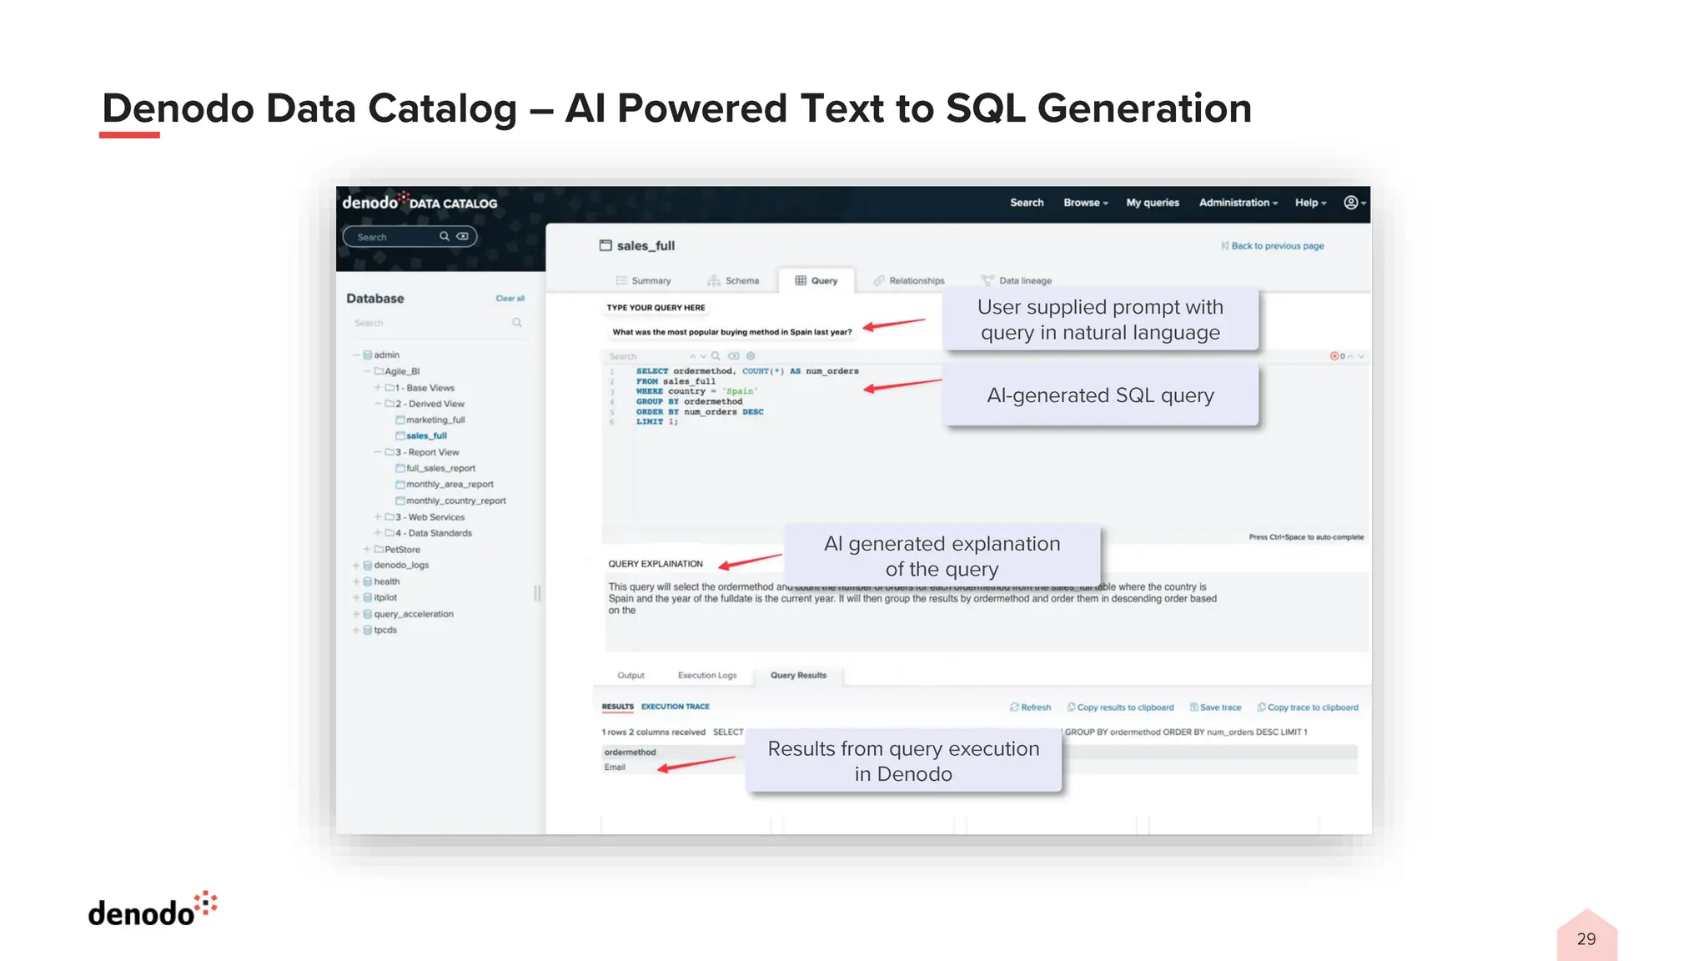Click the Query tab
pos(816,281)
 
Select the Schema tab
pos(734,281)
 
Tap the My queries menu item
pos(1153,203)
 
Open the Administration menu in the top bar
pos(1238,203)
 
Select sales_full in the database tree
pos(426,435)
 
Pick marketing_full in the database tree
pos(435,420)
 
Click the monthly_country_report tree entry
pos(455,501)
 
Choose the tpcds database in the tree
pos(384,630)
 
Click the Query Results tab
pos(798,676)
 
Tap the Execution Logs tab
pos(707,676)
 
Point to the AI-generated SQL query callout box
pos(1100,395)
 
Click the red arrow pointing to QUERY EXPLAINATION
pos(751,561)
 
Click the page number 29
pos(1586,939)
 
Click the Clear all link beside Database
pos(510,299)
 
